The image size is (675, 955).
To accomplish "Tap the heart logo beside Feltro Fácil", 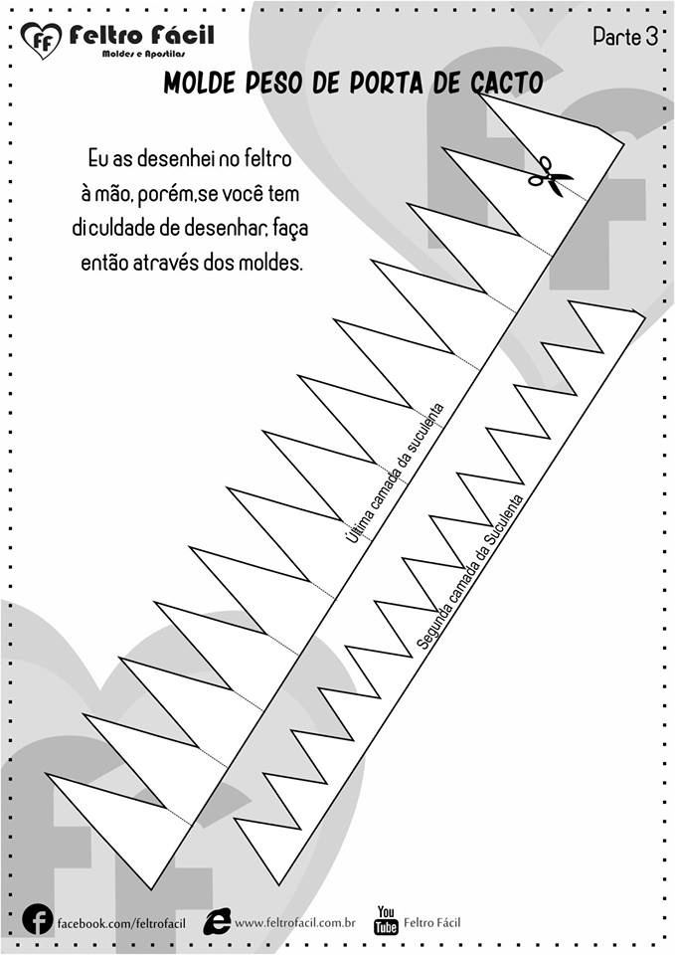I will coord(41,41).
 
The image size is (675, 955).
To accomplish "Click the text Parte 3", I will coord(625,37).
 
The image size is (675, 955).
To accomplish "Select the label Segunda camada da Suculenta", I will coord(469,570).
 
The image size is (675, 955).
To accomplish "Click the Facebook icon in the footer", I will coord(37,920).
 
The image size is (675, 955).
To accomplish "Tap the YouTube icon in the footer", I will coord(386,920).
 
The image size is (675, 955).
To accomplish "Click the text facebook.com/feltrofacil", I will coord(120,923).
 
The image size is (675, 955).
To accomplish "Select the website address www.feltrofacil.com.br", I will coord(295,923).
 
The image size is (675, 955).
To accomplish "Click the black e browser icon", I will coord(217,921).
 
